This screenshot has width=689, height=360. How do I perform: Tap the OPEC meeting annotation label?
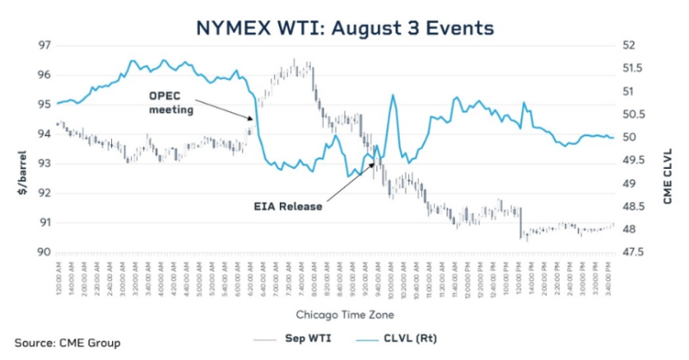(171, 102)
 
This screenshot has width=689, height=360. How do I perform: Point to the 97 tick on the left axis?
(40, 45)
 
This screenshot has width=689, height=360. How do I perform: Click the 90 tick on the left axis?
(40, 252)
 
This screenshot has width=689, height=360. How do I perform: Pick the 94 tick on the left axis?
(40, 133)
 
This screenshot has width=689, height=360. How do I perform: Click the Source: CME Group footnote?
(66, 342)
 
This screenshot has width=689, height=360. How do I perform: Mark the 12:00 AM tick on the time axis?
(58, 277)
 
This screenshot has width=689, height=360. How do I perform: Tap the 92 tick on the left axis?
(40, 193)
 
